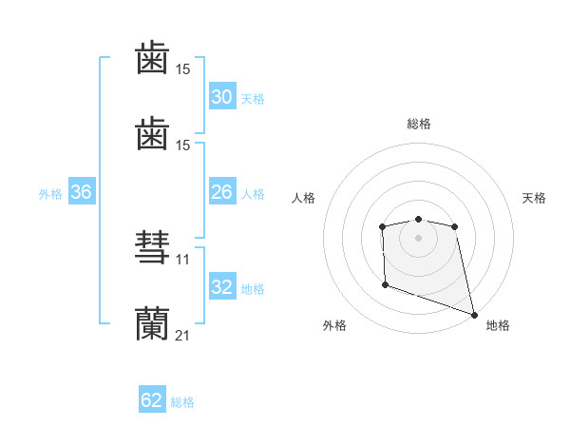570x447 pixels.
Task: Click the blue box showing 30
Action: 222,96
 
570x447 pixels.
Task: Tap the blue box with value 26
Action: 222,191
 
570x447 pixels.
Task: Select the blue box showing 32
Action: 222,286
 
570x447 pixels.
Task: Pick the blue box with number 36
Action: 82,191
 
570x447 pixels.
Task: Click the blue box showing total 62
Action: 152,400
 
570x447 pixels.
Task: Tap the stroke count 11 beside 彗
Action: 183,259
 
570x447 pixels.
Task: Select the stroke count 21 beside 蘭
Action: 183,335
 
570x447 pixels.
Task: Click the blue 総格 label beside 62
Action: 182,402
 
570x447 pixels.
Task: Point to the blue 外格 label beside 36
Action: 50,193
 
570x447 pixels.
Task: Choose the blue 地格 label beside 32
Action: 253,288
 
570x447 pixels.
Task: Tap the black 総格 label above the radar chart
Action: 419,124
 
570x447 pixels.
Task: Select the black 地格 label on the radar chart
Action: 498,325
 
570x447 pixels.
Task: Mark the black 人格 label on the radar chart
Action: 303,198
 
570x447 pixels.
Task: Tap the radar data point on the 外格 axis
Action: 385,284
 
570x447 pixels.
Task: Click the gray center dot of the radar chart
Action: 419,237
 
